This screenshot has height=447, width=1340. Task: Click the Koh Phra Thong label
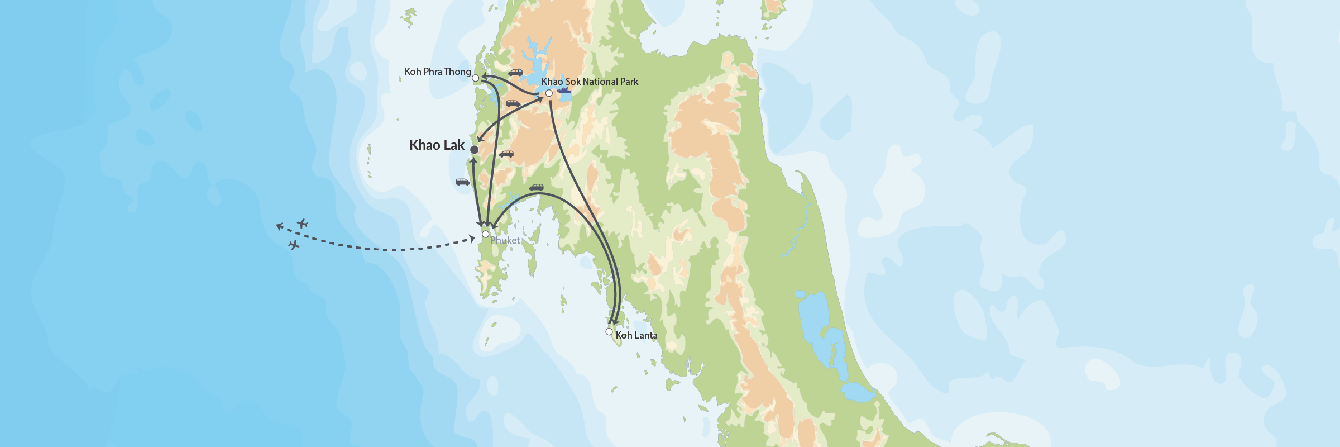point(438,72)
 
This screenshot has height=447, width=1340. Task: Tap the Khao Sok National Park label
point(590,82)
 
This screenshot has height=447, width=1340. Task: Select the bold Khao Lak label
point(437,145)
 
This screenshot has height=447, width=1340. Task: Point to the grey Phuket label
point(505,240)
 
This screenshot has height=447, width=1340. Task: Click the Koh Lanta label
point(636,335)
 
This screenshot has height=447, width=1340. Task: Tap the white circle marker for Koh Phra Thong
point(476,78)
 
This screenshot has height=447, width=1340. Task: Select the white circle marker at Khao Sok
point(549,93)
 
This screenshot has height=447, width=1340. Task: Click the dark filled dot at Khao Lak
point(474,150)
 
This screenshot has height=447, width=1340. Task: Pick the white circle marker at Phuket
point(486,234)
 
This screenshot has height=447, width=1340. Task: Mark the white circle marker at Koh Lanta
point(609,332)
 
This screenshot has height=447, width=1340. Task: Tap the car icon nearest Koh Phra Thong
point(515,73)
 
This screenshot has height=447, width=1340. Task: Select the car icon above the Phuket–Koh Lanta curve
point(536,188)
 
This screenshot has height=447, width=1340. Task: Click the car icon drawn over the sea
point(462,182)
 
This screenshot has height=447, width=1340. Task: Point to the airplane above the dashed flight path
point(302,224)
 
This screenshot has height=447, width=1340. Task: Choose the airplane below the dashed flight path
point(294,245)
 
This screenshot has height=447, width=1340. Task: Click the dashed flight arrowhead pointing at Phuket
point(472,239)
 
